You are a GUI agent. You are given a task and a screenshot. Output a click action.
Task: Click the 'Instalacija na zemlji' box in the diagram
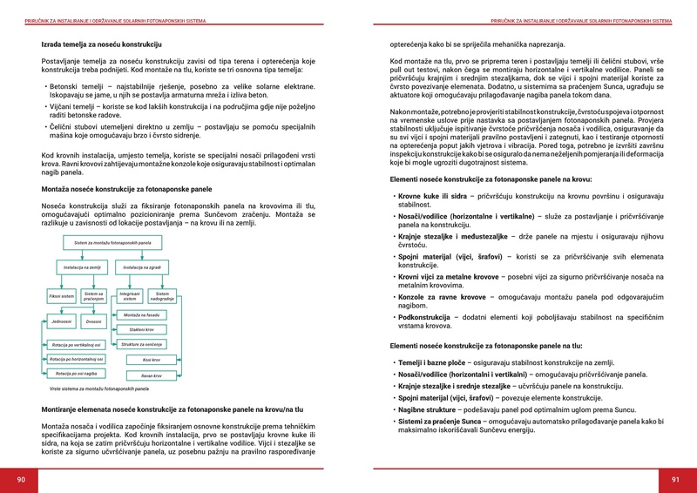tap(84, 267)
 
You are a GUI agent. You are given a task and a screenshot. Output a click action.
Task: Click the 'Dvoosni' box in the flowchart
tap(94, 321)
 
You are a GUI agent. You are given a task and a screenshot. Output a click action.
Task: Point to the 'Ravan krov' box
tap(151, 375)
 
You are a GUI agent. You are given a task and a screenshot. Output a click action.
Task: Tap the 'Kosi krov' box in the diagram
tap(151, 359)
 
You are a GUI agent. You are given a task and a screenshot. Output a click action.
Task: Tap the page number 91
tap(675, 479)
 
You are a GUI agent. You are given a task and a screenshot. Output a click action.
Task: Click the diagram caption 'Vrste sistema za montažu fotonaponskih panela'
tap(98, 388)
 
